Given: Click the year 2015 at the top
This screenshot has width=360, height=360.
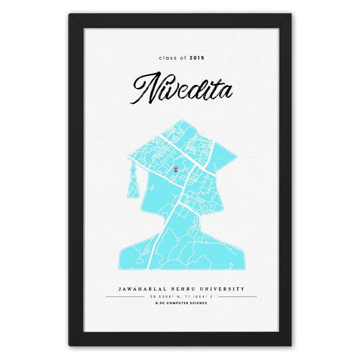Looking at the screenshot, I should pos(197,58).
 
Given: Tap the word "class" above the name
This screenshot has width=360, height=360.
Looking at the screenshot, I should pos(166,58).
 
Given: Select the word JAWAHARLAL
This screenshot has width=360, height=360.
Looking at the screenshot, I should pos(140,289).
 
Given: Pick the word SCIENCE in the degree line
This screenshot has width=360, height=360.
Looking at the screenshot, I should pos(199,303).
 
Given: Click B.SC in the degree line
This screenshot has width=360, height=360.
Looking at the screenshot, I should pos(160,303).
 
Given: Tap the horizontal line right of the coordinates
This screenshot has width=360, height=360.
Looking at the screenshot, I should pos(235,297).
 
